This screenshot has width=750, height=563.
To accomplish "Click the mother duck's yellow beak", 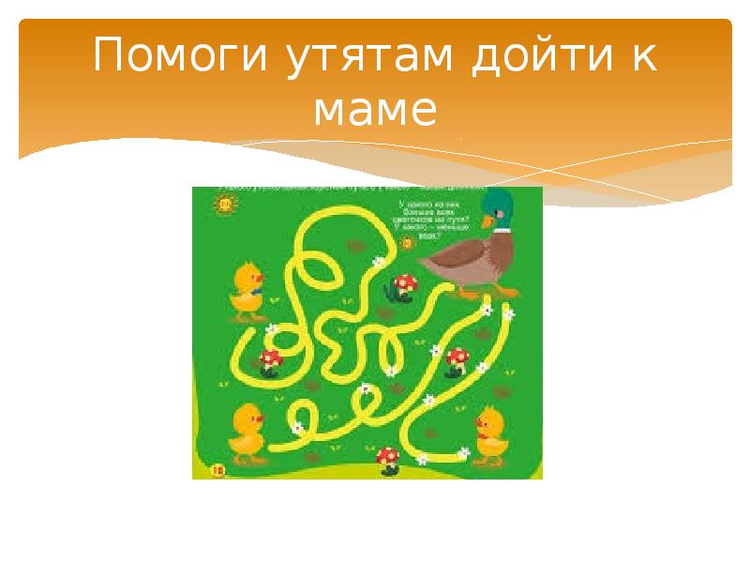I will (x=486, y=221).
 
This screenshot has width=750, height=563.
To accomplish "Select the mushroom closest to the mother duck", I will (x=406, y=283).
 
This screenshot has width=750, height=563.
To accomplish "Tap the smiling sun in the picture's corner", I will (x=225, y=201).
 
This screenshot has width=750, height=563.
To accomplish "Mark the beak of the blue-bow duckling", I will (x=238, y=279).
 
